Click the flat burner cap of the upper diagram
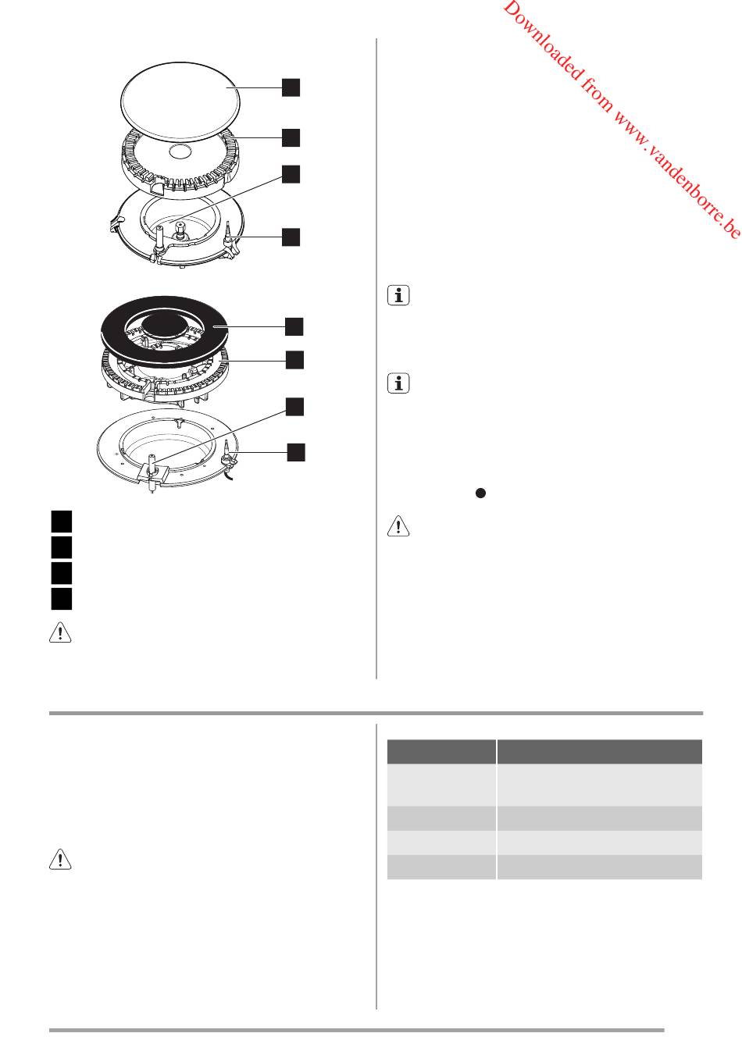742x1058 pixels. coord(180,101)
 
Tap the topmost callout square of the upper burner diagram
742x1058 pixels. coord(291,87)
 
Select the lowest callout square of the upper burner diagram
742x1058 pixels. coord(291,237)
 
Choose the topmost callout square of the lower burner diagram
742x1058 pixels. coord(294,326)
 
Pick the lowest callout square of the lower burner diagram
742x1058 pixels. coord(296,452)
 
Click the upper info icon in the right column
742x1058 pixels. coord(398,295)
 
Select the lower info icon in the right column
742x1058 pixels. coord(398,383)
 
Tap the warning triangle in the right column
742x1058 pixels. coord(398,526)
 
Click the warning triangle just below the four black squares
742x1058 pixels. coord(60,632)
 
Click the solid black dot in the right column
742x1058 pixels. coord(480,493)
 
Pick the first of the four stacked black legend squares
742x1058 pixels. coord(62,522)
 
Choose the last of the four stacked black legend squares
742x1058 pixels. coord(62,598)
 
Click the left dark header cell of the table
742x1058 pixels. coord(441,751)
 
